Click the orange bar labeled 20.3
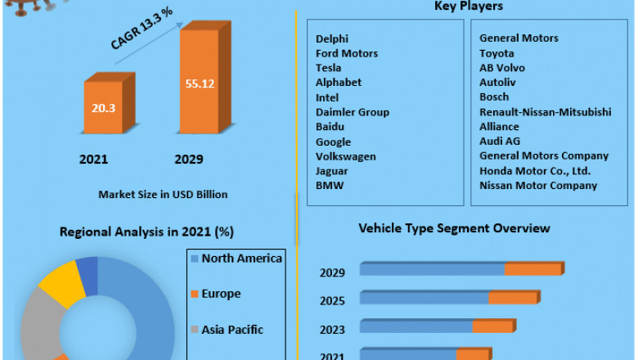[104, 106]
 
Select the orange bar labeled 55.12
[199, 82]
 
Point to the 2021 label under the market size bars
[93, 160]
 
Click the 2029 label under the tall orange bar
[188, 160]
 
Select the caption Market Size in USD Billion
[163, 195]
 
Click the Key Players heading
[468, 7]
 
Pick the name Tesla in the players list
[329, 68]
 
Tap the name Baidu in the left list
[330, 127]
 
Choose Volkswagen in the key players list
[346, 156]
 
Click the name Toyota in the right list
[497, 53]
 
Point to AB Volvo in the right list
[502, 68]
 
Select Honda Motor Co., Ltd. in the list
[535, 171]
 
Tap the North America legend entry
[241, 259]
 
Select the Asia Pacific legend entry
[232, 330]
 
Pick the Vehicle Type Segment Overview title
[454, 228]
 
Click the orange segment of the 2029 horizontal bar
[533, 269]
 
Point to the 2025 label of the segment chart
[332, 301]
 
